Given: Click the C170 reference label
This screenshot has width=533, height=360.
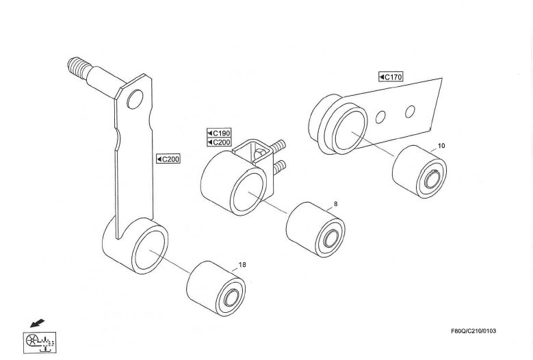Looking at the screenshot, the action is click(391, 77).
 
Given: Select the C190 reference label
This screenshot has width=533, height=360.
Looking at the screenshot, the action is click(219, 133).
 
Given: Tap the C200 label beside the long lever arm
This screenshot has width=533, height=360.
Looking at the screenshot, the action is click(168, 159).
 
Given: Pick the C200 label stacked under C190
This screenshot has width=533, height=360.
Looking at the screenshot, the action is click(219, 142).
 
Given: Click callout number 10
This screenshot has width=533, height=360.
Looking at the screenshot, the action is click(441, 146).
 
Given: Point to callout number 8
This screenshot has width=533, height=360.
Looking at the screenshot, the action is click(336, 204).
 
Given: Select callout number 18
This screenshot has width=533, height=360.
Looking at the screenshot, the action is click(242, 264).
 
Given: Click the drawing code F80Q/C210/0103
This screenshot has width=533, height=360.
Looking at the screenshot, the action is click(473, 331).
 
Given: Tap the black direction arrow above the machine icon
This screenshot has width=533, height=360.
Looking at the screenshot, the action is click(37, 323).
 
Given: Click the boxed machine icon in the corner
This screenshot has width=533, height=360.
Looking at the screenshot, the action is click(40, 343).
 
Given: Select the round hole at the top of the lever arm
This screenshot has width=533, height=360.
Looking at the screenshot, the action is click(135, 99).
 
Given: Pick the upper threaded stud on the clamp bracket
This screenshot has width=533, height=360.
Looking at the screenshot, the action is click(277, 146).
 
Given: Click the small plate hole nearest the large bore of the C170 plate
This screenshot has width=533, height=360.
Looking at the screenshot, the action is click(380, 117).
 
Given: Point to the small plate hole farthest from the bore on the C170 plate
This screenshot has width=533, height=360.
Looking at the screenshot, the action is click(410, 112).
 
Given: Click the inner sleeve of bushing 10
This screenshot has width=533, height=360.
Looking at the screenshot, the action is click(432, 179).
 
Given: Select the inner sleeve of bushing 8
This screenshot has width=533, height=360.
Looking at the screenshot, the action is click(330, 238).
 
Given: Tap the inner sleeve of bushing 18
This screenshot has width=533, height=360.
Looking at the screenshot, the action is click(231, 298).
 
